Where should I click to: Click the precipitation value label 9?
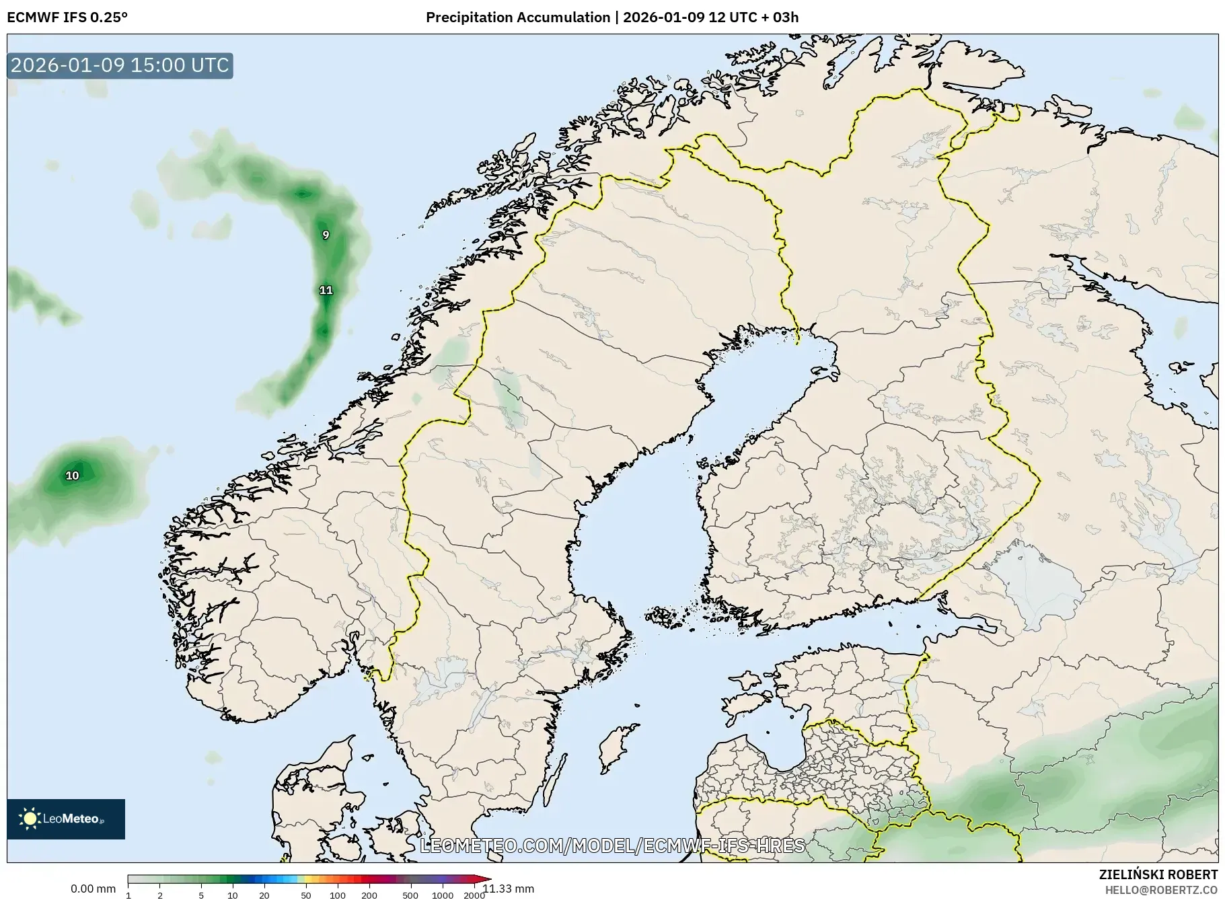pyautogui.click(x=326, y=235)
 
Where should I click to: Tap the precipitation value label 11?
pyautogui.click(x=326, y=290)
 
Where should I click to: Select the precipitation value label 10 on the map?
pyautogui.click(x=72, y=476)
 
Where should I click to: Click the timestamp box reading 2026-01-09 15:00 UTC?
pyautogui.click(x=120, y=65)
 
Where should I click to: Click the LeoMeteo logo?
pyautogui.click(x=66, y=819)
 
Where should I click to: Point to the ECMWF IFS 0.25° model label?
pyautogui.click(x=67, y=17)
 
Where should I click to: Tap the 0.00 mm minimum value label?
pyautogui.click(x=93, y=889)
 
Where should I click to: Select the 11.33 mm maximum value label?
pyautogui.click(x=509, y=889)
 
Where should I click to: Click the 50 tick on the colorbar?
pyautogui.click(x=306, y=895)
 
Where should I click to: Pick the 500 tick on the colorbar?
pyautogui.click(x=410, y=895)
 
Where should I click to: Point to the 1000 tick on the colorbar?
pyautogui.click(x=442, y=895)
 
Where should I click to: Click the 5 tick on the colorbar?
pyautogui.click(x=201, y=895)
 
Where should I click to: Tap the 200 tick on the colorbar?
pyautogui.click(x=369, y=895)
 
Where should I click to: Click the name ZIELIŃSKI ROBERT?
pyautogui.click(x=1158, y=875)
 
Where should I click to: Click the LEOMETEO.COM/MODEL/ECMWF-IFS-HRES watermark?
pyautogui.click(x=612, y=846)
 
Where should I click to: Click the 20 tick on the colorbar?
pyautogui.click(x=264, y=895)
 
